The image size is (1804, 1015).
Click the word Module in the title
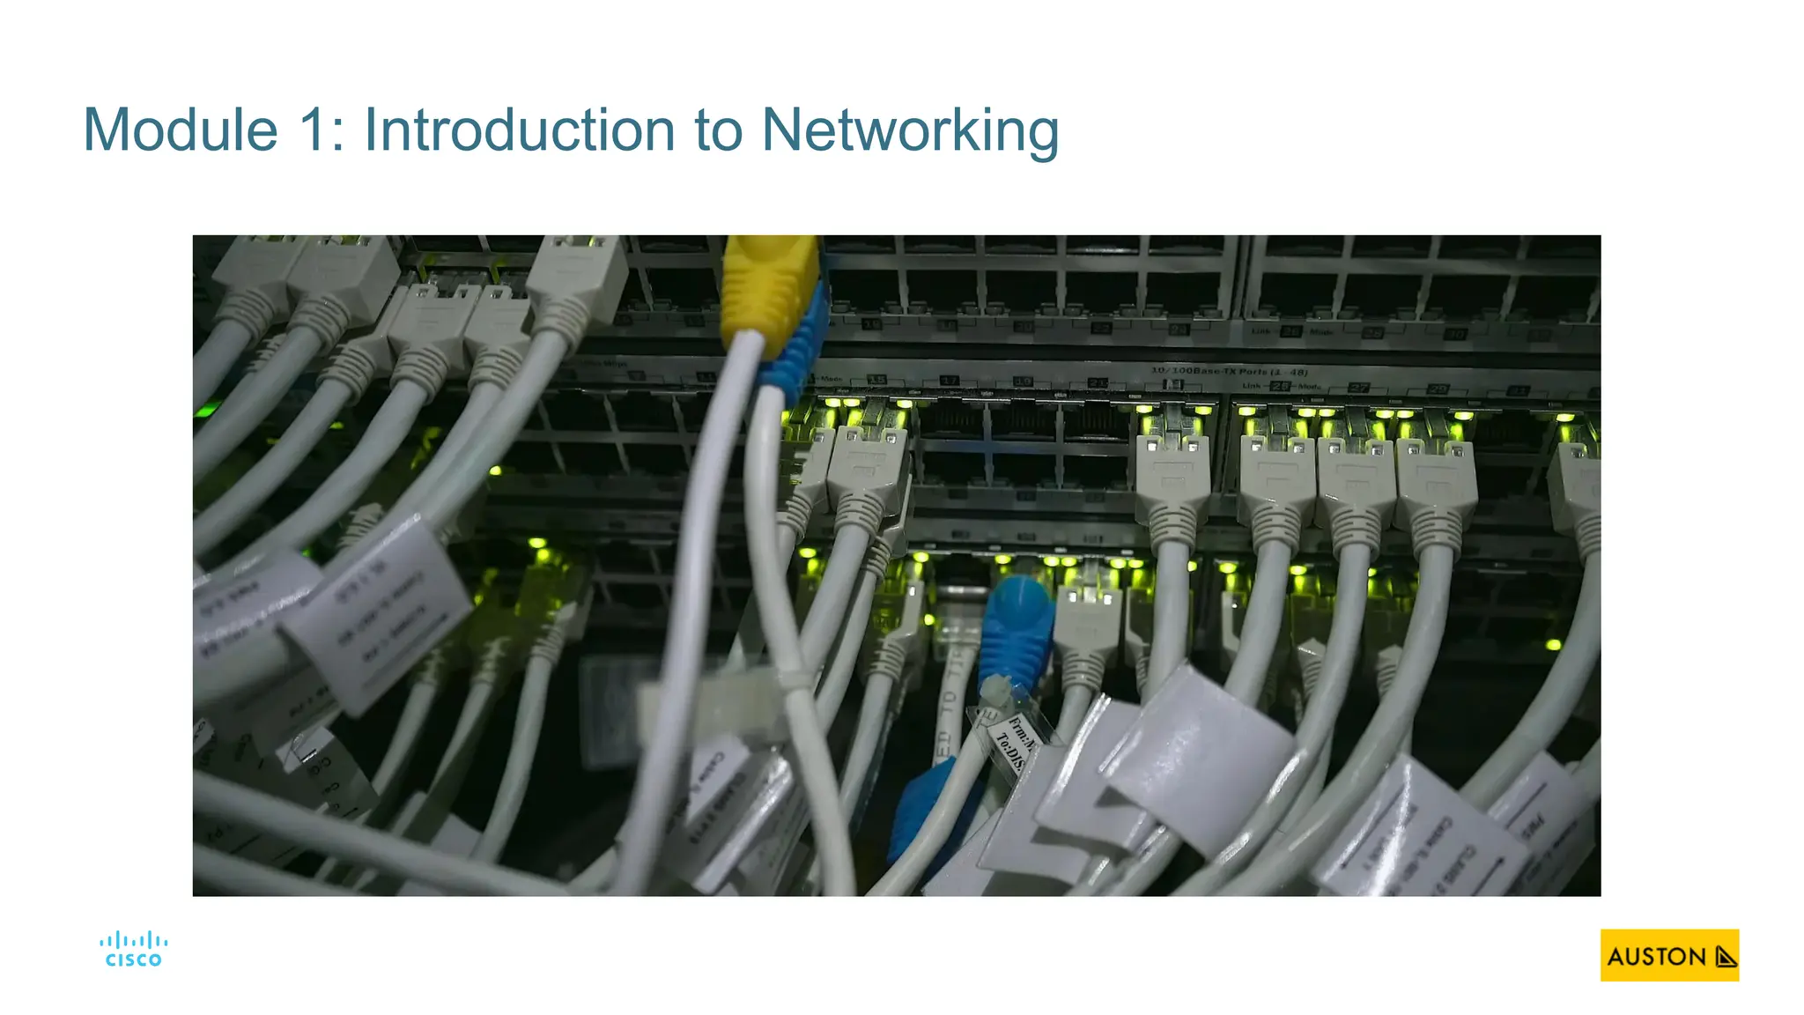181,130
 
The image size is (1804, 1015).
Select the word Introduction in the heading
521,130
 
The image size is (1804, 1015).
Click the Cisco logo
133,950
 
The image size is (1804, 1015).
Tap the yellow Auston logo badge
1669,955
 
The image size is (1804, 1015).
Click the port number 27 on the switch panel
1360,388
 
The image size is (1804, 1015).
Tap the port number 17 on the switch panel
949,381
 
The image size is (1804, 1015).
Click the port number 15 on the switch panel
876,380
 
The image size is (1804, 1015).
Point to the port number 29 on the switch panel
1438,389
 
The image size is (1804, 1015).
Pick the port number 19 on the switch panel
1022,382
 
